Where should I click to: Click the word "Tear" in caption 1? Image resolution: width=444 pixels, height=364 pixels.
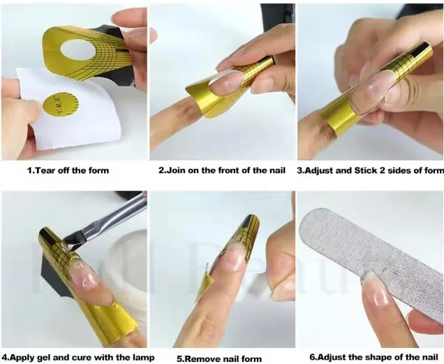coord(45,171)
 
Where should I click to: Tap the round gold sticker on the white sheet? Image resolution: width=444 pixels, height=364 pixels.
coord(61,105)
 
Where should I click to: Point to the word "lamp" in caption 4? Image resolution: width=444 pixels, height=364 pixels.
coord(144,358)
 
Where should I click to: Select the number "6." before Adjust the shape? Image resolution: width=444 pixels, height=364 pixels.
coord(312,357)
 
